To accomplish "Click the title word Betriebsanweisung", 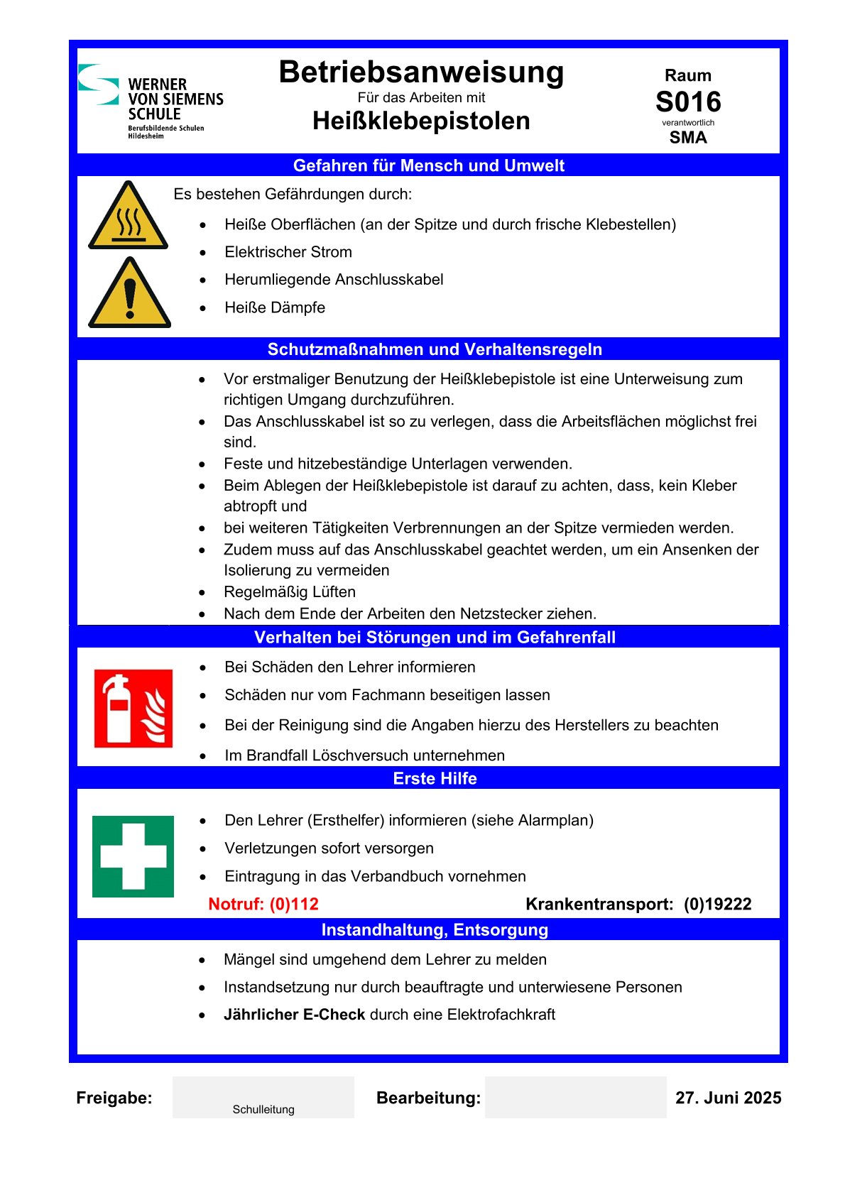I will click(x=421, y=72).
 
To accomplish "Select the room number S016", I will click(x=688, y=102).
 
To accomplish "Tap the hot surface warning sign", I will click(x=129, y=217).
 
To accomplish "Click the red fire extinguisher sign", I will click(x=133, y=708).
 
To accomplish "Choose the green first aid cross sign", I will click(x=133, y=856).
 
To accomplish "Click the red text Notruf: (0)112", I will click(x=263, y=904).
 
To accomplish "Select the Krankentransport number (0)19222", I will click(x=717, y=904).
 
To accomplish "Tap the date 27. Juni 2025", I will click(x=728, y=1098).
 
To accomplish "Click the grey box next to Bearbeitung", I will click(x=575, y=1097).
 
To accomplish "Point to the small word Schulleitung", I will click(x=263, y=1110).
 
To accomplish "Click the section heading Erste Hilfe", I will click(x=435, y=778).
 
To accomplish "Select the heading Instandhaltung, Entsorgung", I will click(x=435, y=929).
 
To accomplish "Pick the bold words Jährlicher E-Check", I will click(x=294, y=1015).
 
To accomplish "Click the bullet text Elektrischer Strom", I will click(x=288, y=252).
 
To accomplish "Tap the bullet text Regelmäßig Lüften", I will click(x=290, y=592).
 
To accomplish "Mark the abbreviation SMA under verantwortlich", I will click(x=688, y=138).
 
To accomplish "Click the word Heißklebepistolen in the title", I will click(x=421, y=121).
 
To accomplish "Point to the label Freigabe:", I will click(x=114, y=1098).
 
